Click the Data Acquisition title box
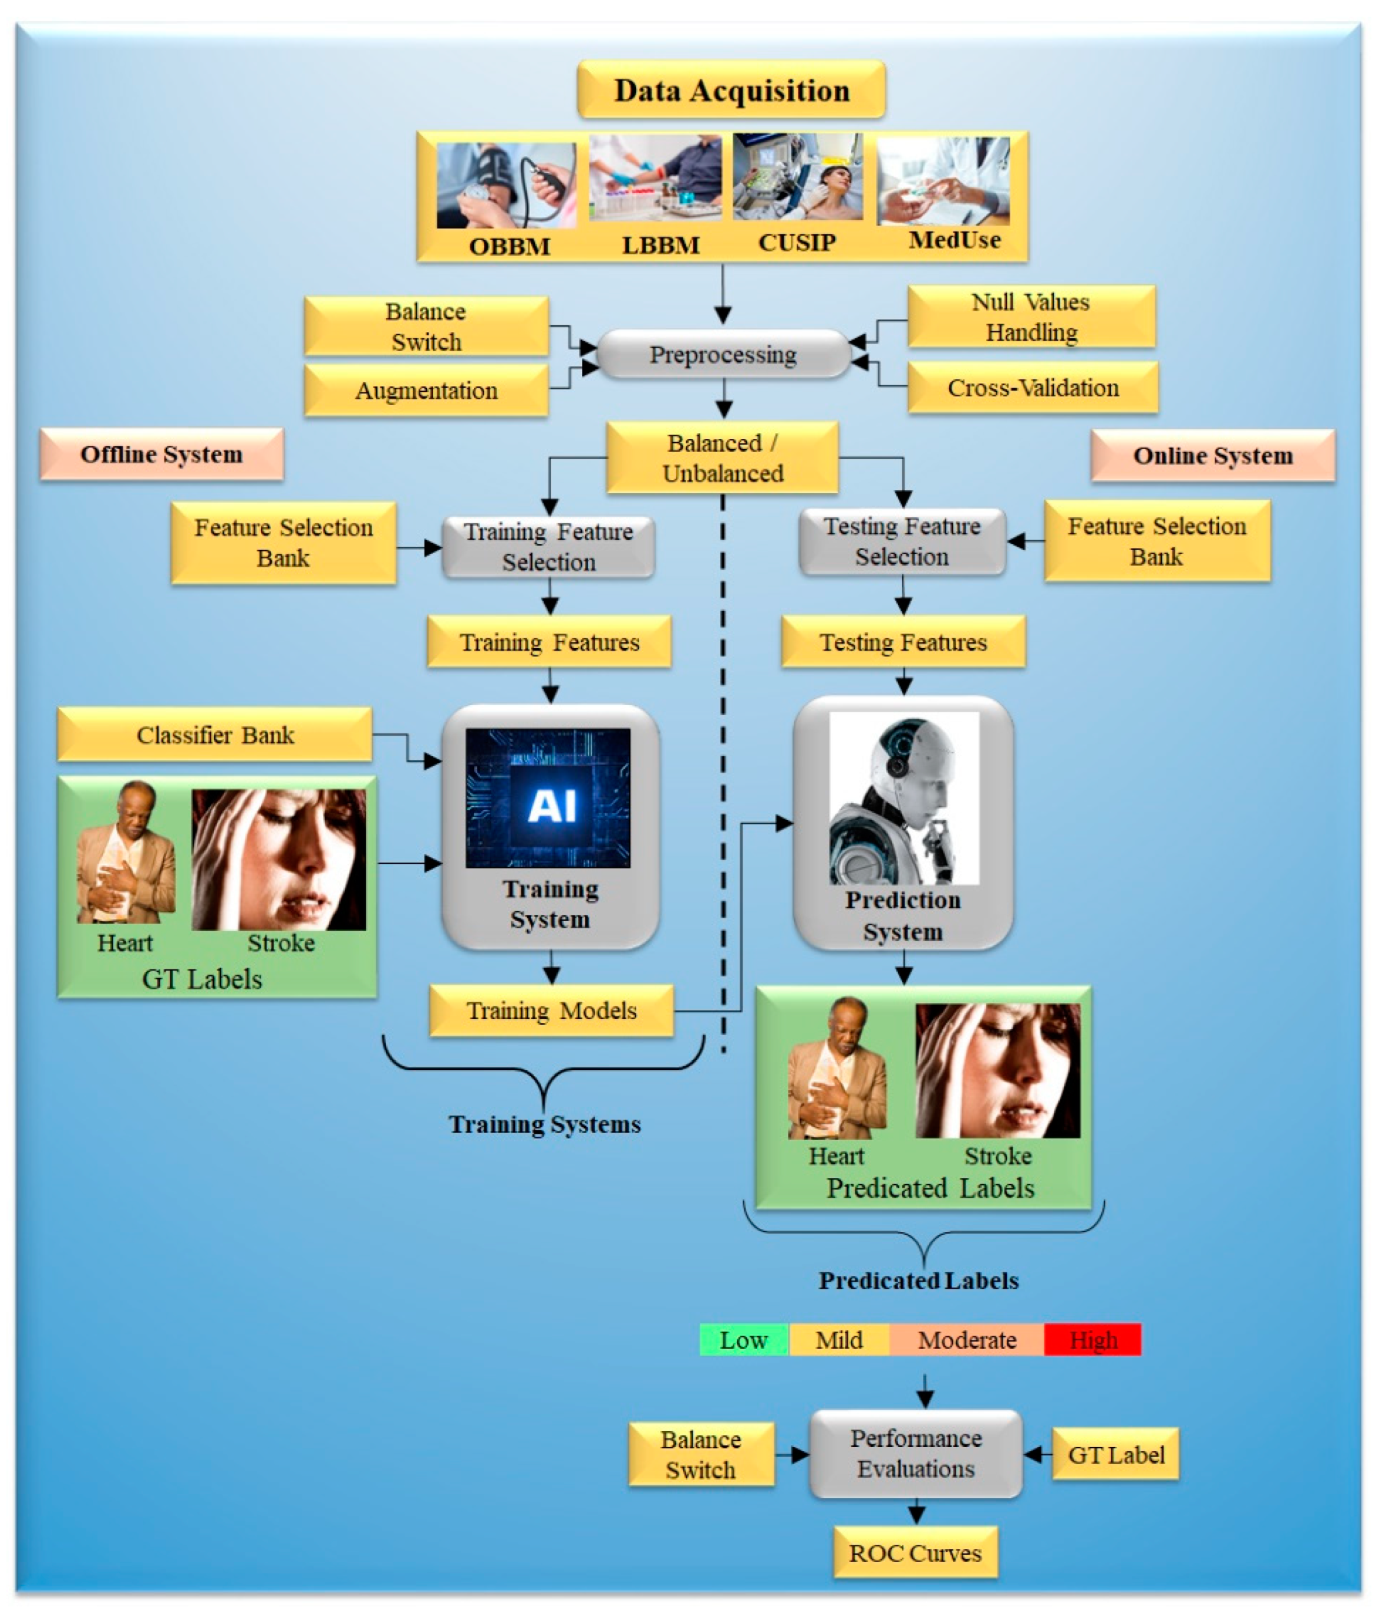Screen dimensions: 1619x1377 (x=731, y=90)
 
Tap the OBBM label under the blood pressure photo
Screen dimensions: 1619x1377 (x=509, y=246)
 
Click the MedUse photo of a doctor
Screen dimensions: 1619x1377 (x=942, y=180)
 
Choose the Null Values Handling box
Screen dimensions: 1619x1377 (x=1030, y=316)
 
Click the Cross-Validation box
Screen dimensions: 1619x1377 (x=1032, y=387)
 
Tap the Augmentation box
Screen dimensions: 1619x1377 (x=426, y=390)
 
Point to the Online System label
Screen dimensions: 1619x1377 (x=1212, y=455)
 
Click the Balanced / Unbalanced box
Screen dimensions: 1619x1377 (x=722, y=457)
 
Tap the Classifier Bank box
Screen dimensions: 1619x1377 (x=214, y=734)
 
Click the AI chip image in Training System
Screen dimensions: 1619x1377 (x=548, y=798)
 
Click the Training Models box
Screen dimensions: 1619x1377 (x=551, y=1010)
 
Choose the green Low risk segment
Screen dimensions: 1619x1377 (x=743, y=1340)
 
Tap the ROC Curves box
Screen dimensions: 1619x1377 (x=915, y=1553)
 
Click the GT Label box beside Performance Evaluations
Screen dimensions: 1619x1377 (x=1116, y=1454)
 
